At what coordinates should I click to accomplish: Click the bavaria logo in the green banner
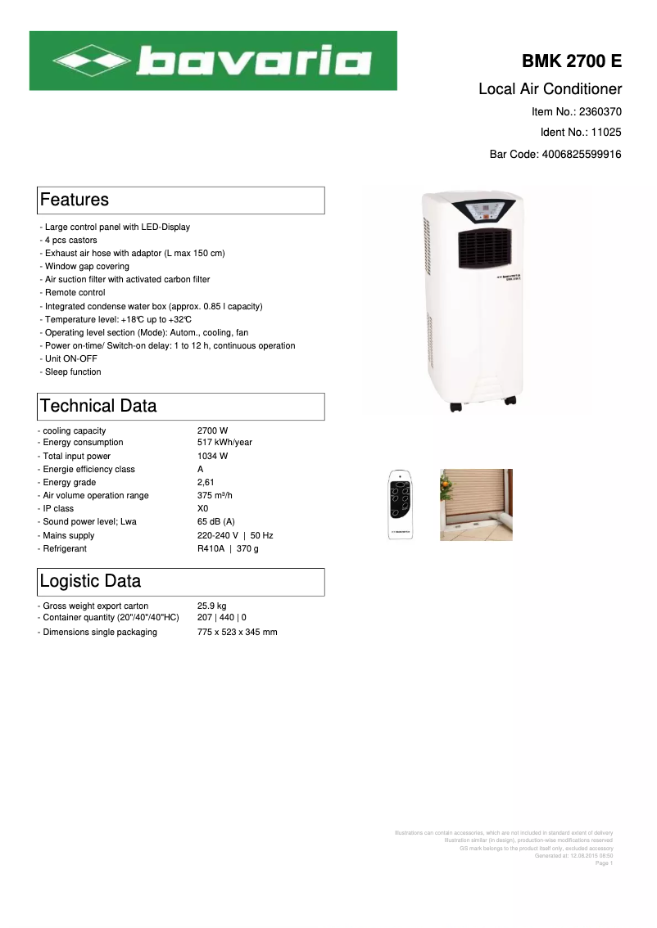coord(213,61)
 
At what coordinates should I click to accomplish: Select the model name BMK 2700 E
coord(572,62)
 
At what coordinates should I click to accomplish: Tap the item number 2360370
coord(600,111)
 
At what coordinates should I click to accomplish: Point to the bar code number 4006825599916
coord(581,154)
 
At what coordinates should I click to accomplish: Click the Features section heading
coord(75,200)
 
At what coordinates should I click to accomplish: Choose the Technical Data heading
coord(98,406)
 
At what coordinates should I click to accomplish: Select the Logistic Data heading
coord(90,581)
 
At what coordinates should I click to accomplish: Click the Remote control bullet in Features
coord(75,292)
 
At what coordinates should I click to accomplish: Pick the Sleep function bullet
coord(73,372)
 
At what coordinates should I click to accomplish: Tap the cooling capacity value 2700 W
coord(212,430)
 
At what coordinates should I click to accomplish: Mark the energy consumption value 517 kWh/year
coord(224,443)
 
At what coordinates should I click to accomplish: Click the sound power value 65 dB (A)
coord(216,521)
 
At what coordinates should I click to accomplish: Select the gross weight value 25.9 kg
coord(211,606)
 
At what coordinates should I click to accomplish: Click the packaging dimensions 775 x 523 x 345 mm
coord(237,632)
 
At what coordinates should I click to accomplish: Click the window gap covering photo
coord(476,504)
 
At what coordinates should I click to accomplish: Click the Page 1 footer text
coord(604,863)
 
